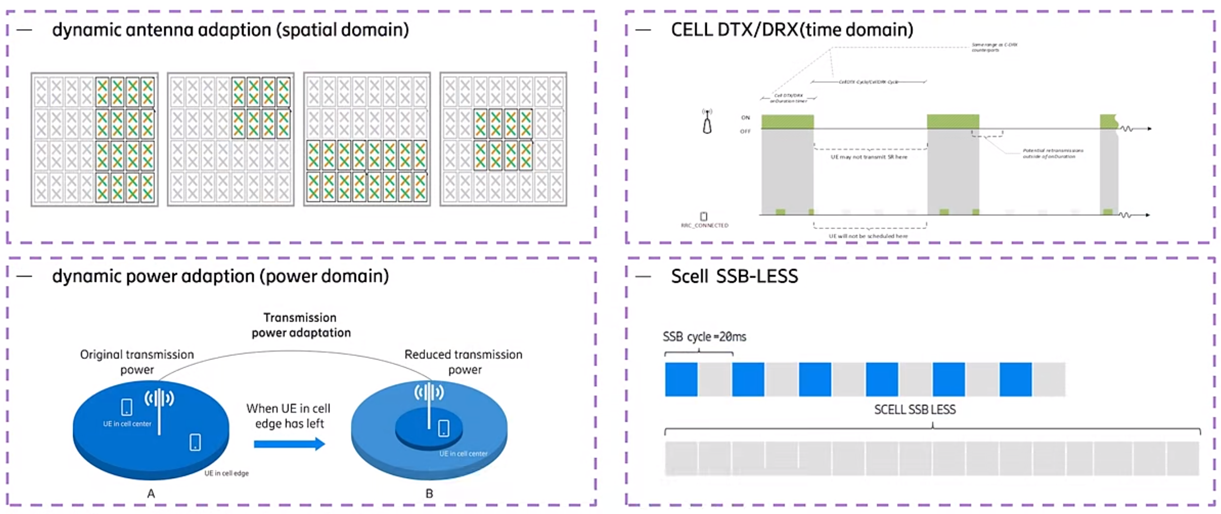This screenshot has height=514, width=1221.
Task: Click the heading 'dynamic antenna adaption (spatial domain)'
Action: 230,30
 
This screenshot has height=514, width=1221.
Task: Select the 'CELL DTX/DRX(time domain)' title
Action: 791,30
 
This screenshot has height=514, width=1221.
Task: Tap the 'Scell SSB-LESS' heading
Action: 734,276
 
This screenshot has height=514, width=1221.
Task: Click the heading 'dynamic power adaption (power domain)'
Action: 220,276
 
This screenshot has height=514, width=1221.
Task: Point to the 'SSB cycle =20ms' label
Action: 704,337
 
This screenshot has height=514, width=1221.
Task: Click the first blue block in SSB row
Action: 681,379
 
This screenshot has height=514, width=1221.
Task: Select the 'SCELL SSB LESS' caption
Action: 914,410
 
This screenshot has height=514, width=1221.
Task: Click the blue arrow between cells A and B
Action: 289,444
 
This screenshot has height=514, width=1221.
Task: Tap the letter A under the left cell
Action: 151,494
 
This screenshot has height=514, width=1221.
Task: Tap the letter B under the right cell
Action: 429,494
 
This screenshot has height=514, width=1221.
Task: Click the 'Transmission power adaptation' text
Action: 301,325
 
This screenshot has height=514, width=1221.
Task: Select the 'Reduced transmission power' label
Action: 463,362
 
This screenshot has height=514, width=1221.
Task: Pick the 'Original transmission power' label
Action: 137,362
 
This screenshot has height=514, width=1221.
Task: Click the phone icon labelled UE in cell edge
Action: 195,442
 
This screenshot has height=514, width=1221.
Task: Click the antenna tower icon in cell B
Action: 430,400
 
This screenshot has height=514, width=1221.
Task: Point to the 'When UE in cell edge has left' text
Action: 289,416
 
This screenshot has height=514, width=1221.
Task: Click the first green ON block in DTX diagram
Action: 787,121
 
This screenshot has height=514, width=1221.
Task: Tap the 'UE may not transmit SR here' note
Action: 869,157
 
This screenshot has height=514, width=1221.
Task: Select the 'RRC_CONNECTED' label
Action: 704,225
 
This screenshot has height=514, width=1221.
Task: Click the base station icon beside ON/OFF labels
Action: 707,121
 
